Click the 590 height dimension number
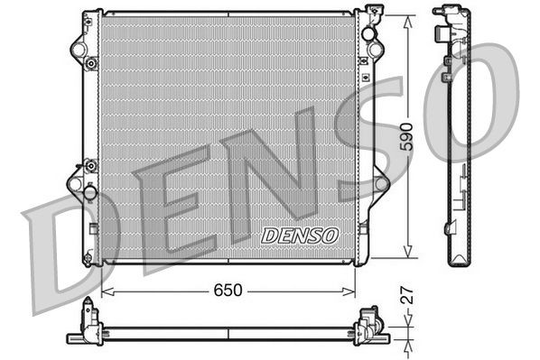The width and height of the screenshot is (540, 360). tap(408, 133)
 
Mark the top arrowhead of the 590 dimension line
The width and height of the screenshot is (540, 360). tap(407, 15)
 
